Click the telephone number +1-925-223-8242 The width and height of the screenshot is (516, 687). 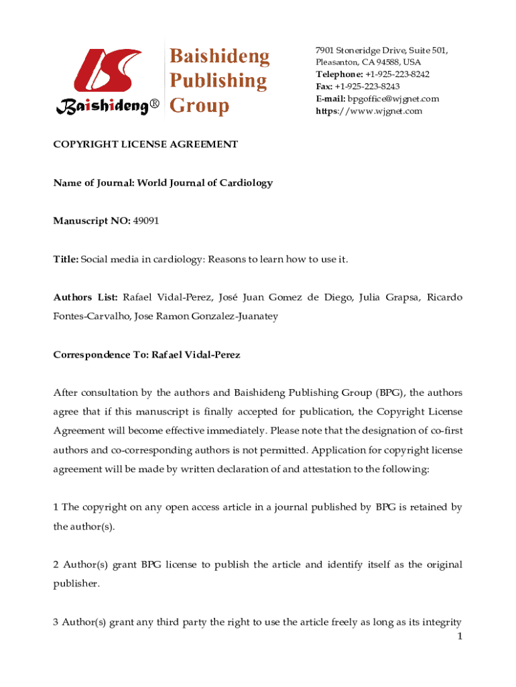(x=397, y=74)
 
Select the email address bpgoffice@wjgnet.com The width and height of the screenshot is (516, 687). (x=393, y=99)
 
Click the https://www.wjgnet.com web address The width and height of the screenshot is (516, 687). (x=369, y=111)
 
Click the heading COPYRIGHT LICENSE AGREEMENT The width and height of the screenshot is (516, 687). (x=145, y=144)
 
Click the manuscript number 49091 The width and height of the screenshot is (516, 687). (x=146, y=221)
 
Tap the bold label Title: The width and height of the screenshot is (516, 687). (x=66, y=259)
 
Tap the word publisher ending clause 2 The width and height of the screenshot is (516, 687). (x=76, y=584)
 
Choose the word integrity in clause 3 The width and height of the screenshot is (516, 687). (x=439, y=622)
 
